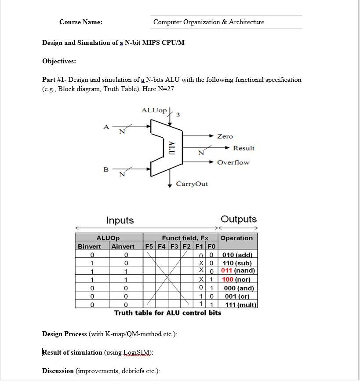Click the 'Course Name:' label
[81, 22]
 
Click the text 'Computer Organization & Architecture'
[208, 22]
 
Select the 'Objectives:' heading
[59, 61]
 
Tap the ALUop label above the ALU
[154, 110]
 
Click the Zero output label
[225, 136]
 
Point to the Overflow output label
[233, 162]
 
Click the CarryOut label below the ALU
[192, 184]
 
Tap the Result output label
[244, 148]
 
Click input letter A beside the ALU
[106, 127]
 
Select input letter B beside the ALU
[106, 169]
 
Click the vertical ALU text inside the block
[171, 148]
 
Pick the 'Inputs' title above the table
[120, 220]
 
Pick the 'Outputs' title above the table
[239, 219]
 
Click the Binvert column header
[89, 246]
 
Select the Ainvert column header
[123, 246]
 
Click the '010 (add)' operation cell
[237, 255]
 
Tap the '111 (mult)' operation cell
[240, 304]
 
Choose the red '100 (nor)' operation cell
[237, 279]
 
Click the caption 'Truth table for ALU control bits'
[167, 313]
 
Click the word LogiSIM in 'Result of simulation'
[137, 352]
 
